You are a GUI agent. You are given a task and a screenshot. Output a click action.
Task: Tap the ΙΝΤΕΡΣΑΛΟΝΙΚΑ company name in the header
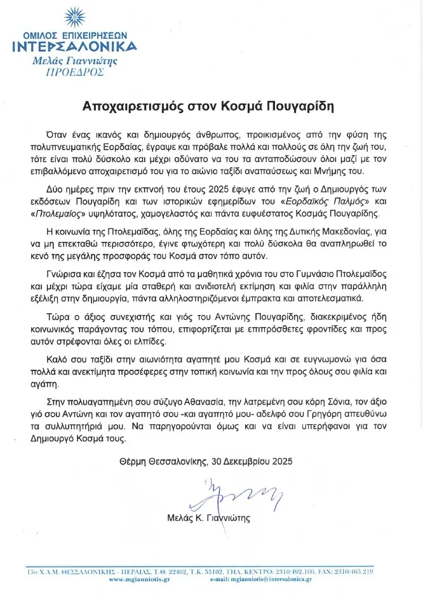pyautogui.click(x=75, y=46)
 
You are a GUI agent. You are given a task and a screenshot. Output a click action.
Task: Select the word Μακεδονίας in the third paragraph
pyautogui.click(x=349, y=233)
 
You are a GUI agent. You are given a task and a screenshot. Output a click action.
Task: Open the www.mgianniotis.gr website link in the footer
pyautogui.click(x=138, y=580)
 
